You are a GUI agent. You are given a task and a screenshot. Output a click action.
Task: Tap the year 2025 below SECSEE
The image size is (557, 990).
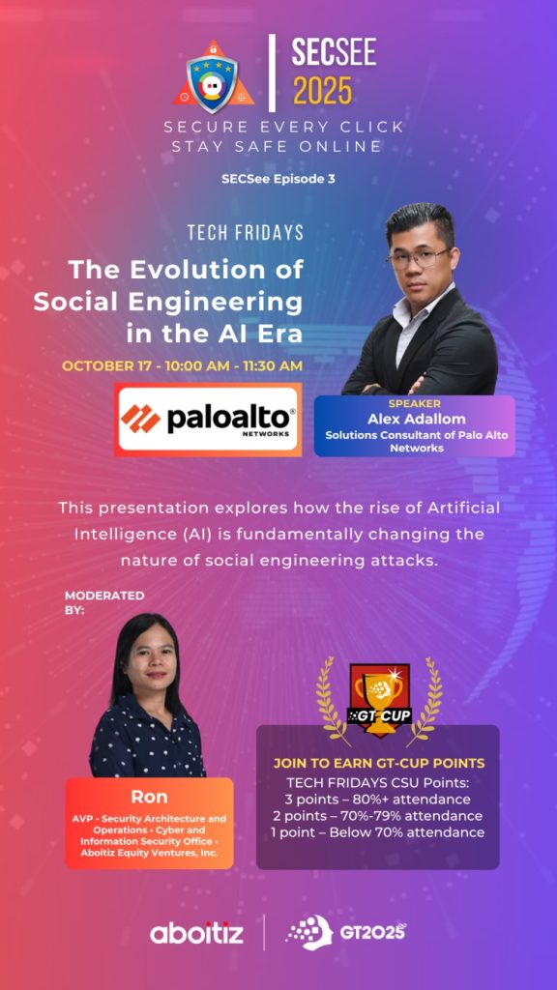click(322, 91)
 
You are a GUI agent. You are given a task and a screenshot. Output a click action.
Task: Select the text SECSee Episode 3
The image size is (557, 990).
click(278, 179)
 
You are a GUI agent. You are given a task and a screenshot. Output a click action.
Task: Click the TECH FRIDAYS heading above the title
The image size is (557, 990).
click(246, 232)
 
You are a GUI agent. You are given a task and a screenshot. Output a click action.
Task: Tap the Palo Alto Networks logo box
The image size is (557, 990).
click(208, 420)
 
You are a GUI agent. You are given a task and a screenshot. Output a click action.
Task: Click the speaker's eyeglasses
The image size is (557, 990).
click(418, 257)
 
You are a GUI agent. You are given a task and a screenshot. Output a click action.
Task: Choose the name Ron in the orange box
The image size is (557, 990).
click(149, 797)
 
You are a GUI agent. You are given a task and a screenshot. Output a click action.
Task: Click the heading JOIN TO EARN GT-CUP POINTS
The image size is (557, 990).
click(378, 764)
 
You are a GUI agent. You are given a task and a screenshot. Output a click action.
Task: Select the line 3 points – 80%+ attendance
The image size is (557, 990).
click(378, 800)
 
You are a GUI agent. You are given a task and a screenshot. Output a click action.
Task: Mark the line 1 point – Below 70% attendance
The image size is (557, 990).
click(378, 832)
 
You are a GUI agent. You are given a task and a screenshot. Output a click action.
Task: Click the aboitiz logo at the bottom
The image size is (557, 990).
click(196, 933)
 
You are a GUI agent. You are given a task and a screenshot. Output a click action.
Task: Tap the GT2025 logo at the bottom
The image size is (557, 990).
click(345, 932)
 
